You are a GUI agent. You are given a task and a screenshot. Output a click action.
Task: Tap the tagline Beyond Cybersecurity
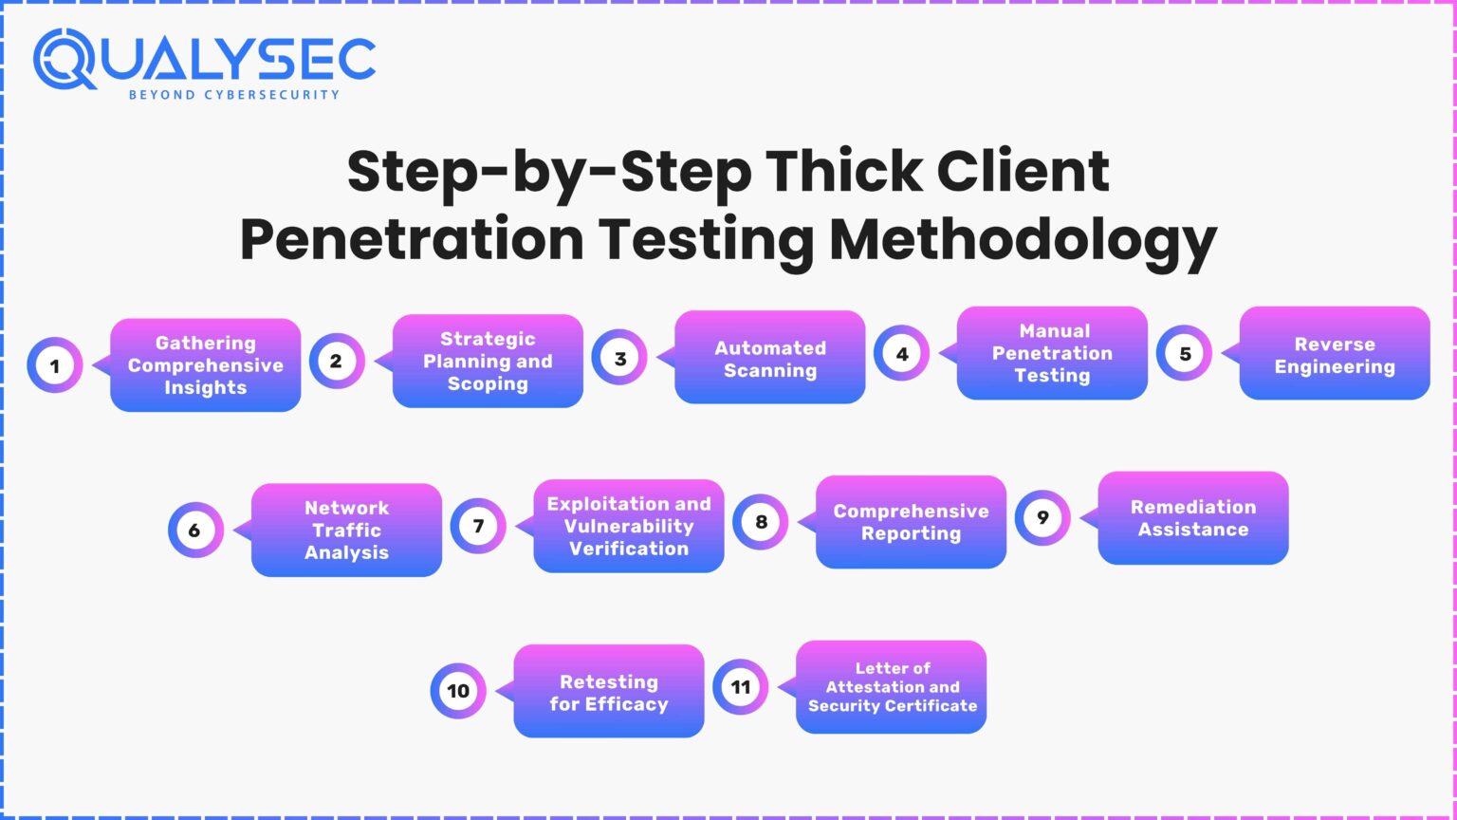point(233,95)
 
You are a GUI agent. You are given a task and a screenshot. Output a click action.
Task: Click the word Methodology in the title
point(1023,239)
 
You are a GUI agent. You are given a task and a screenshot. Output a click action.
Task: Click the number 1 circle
point(55,365)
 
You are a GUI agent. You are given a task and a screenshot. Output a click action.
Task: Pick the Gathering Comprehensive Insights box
point(206,365)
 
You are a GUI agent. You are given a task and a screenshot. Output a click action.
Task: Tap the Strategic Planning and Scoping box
point(488,362)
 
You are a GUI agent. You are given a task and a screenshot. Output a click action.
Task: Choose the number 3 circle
point(619,358)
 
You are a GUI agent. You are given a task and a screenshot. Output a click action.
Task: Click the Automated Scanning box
point(770,359)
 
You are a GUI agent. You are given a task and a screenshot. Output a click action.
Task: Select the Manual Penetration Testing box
point(1052,353)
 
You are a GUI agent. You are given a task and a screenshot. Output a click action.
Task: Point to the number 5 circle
point(1184,353)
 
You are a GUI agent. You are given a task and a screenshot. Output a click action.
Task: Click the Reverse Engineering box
point(1334,354)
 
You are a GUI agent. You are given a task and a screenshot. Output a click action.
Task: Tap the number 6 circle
point(195,530)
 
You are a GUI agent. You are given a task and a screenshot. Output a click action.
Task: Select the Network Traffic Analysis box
point(346,530)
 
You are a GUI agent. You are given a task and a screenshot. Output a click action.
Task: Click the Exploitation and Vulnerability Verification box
point(628,526)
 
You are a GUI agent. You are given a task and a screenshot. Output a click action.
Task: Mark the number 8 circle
point(761,522)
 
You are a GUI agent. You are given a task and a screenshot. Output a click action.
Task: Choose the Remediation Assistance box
point(1192,518)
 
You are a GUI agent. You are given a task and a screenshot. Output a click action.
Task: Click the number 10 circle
point(458,691)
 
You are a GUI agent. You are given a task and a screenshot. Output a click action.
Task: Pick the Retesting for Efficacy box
point(609,692)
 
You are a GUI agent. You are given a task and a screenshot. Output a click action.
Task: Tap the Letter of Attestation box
point(892,687)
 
